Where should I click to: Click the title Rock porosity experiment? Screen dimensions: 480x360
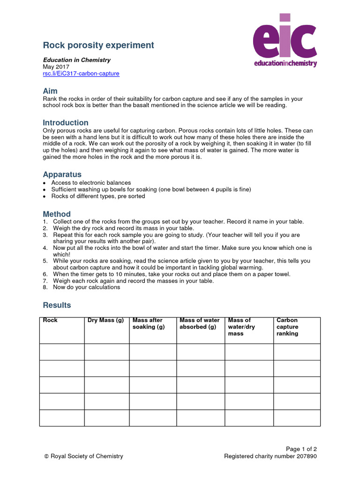pyautogui.click(x=98, y=45)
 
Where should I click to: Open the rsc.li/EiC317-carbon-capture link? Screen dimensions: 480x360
pyautogui.click(x=81, y=74)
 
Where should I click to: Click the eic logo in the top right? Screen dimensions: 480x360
pyautogui.click(x=285, y=40)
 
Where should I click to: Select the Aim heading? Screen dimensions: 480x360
pyautogui.click(x=50, y=91)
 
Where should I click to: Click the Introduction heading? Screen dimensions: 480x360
pyautogui.click(x=66, y=123)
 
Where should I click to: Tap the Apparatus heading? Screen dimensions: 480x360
pyautogui.click(x=62, y=174)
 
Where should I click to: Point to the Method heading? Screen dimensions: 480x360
pyautogui.click(x=57, y=214)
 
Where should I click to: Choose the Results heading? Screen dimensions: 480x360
pyautogui.click(x=57, y=305)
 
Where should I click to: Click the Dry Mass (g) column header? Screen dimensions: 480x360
pyautogui.click(x=106, y=321)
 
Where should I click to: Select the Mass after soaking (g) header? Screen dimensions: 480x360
pyautogui.click(x=149, y=323)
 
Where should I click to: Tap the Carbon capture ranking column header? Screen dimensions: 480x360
pyautogui.click(x=287, y=327)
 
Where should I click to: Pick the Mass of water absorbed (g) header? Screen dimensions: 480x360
pyautogui.click(x=200, y=323)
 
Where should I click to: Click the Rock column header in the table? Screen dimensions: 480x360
pyautogui.click(x=50, y=321)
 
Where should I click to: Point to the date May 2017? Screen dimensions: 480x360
pyautogui.click(x=56, y=67)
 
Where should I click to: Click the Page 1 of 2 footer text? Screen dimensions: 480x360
pyautogui.click(x=301, y=449)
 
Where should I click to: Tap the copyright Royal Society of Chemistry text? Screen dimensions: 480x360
pyautogui.click(x=83, y=456)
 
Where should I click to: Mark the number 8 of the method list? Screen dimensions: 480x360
pyautogui.click(x=45, y=287)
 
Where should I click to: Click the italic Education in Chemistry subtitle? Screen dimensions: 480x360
pyautogui.click(x=77, y=60)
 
